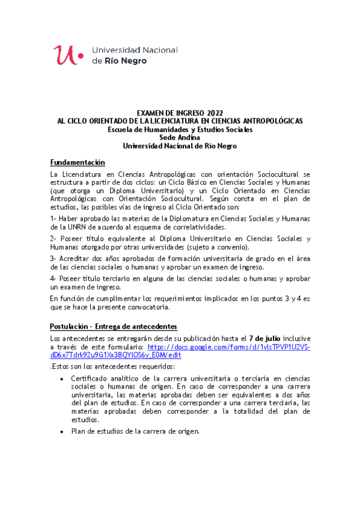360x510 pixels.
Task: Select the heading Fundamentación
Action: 78,163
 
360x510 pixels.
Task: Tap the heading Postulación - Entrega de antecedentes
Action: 113,327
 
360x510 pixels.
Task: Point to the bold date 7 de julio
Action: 265,339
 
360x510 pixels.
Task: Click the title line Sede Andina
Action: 180,137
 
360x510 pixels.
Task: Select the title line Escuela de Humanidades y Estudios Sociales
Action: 180,129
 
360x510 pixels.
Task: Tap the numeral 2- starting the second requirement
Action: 53,239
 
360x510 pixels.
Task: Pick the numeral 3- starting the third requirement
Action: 53,259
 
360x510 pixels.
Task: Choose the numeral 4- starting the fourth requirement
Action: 53,279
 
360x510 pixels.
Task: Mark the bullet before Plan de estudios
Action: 62,432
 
